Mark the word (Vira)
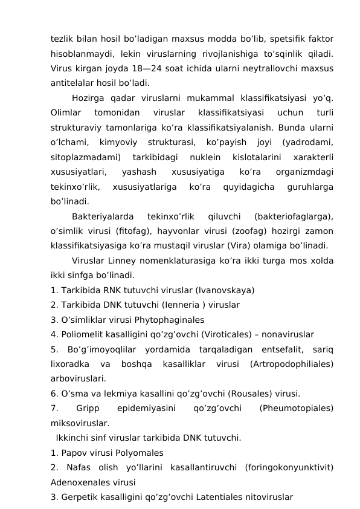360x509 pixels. point(239,245)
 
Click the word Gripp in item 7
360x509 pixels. point(88,408)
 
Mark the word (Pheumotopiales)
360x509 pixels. point(297,408)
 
